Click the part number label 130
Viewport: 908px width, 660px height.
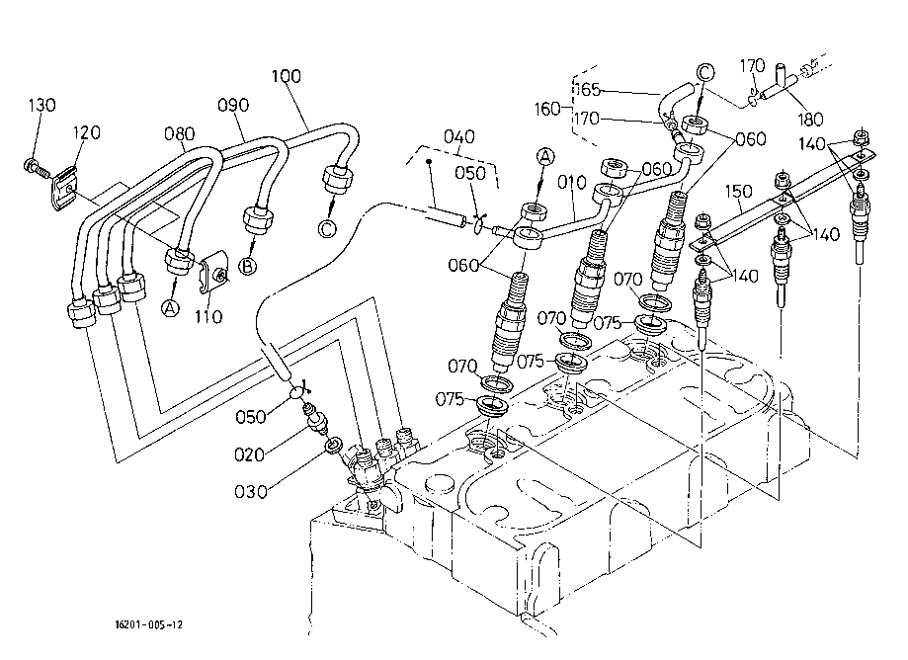pos(42,105)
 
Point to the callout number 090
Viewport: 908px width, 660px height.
pos(233,105)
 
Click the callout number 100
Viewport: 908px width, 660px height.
pos(286,76)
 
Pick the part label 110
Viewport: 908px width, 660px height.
pos(208,317)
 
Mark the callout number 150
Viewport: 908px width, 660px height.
pos(740,190)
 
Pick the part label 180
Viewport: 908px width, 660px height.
pos(810,120)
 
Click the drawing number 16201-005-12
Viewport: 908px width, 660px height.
pos(148,624)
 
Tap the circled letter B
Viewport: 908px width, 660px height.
pos(249,266)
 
